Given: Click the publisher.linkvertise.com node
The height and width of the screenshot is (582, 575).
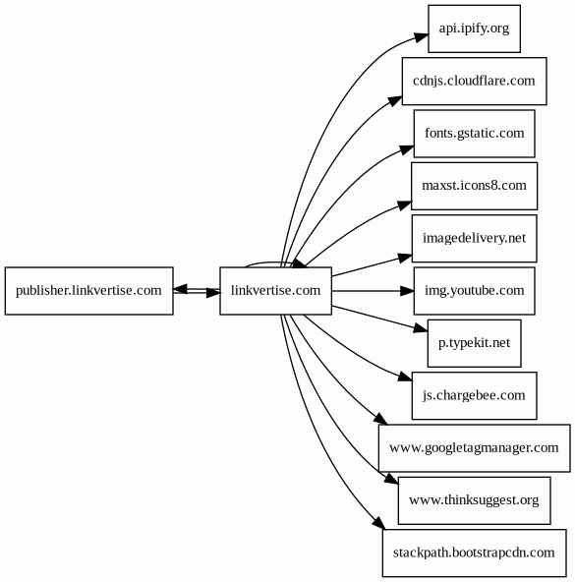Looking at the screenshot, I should click(88, 291).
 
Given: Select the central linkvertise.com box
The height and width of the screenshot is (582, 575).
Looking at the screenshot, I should click(275, 291).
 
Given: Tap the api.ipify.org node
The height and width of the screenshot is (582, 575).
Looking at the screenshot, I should click(474, 28).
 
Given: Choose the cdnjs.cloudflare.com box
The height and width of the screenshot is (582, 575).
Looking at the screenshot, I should click(474, 81).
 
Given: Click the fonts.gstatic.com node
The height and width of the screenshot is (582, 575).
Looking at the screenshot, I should click(474, 133).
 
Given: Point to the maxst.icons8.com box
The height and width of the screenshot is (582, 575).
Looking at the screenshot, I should click(474, 185).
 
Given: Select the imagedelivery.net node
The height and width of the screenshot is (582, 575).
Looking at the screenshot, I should click(474, 238).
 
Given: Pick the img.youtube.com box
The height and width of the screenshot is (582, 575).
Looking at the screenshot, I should click(474, 291).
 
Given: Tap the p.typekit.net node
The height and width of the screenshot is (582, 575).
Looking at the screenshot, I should click(474, 343).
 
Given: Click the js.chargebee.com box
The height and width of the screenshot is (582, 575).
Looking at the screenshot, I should click(474, 395).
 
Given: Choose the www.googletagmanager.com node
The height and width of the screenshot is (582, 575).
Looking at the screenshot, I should click(474, 448).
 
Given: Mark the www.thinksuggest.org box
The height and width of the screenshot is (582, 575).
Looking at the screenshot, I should click(474, 500).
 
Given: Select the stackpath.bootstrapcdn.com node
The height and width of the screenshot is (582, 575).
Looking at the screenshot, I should click(474, 553).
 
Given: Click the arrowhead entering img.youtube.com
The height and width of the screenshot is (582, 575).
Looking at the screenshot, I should click(406, 291).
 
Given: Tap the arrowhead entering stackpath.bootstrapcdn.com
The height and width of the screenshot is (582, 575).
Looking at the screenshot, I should click(375, 527).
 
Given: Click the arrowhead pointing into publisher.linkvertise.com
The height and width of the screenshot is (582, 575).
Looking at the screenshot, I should click(180, 289).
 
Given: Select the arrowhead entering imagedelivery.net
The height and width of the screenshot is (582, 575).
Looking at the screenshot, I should click(404, 257).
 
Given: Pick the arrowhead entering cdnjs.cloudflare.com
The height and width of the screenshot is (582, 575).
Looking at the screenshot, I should click(394, 97).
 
